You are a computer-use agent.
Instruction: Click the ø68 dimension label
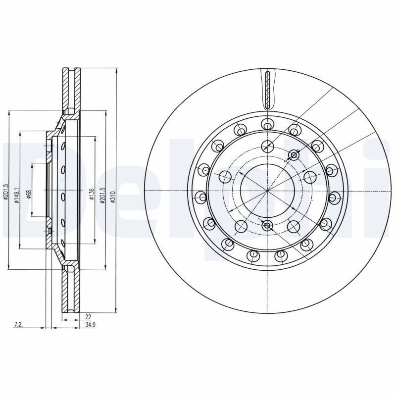[x=29, y=194]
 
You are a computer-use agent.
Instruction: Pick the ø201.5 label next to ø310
[x=103, y=193]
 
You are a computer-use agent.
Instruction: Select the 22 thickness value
[x=89, y=315]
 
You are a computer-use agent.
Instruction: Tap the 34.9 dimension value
[x=90, y=325]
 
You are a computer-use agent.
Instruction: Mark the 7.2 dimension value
[x=18, y=325]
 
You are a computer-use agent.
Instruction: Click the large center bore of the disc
[x=267, y=191]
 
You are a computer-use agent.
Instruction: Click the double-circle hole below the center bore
[x=267, y=226]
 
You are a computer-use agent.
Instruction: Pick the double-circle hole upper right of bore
[x=294, y=155]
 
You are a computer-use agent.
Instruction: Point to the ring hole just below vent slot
[x=267, y=123]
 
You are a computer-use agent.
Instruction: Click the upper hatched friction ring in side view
[x=71, y=89]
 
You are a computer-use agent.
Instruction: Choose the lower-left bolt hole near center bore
[x=241, y=226]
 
